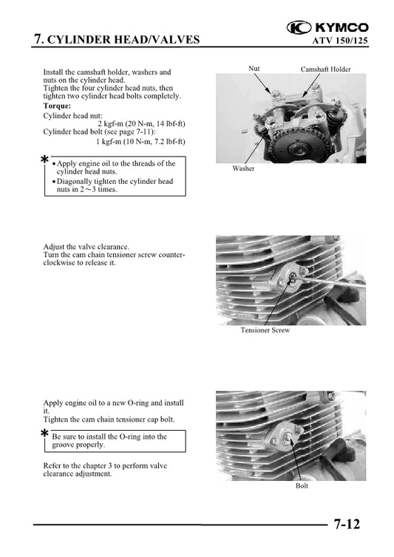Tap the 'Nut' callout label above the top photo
[254, 69]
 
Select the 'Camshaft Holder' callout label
[325, 69]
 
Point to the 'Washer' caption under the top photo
[243, 168]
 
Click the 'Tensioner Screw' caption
[265, 330]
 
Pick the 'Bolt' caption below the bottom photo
[302, 485]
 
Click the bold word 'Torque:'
[58, 106]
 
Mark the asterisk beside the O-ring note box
[45, 434]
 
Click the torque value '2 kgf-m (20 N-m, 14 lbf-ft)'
[141, 123]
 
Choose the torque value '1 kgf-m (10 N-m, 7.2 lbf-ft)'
[140, 140]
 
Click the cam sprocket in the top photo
[282, 137]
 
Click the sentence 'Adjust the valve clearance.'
[86, 247]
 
